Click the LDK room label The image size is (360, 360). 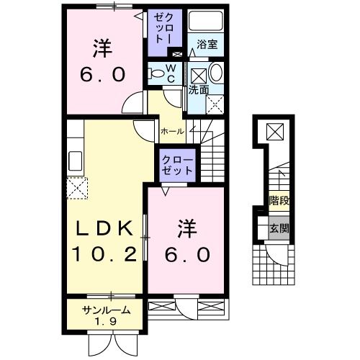click(105, 229)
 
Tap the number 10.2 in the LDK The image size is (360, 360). click(105, 253)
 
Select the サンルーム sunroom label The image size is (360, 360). click(105, 310)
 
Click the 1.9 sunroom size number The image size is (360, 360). click(105, 322)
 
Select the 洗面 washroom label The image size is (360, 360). click(199, 91)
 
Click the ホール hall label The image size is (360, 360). click(171, 132)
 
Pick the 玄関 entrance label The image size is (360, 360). click(279, 230)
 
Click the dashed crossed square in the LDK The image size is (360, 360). click(76, 189)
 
